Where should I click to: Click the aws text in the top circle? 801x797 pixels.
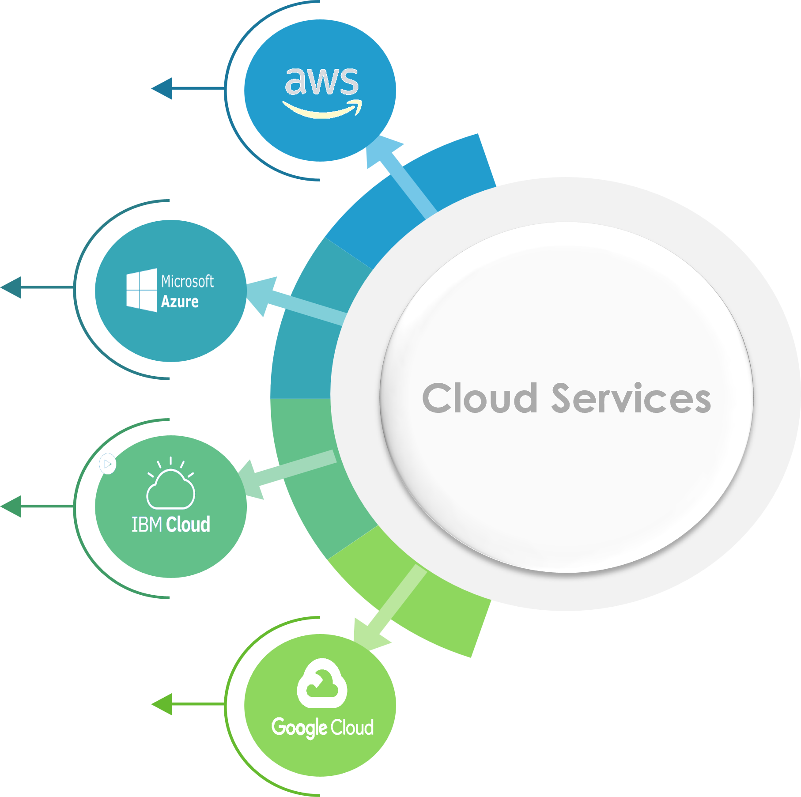tap(321, 81)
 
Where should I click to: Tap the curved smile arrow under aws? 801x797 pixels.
tap(321, 110)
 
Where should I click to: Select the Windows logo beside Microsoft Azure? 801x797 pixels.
tap(141, 290)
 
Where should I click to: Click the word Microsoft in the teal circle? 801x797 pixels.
tap(187, 281)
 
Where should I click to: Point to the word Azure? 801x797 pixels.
tap(180, 302)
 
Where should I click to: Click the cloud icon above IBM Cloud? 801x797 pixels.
tap(170, 488)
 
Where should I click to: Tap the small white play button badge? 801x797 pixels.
tap(107, 464)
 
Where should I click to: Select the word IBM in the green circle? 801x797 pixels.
tap(147, 525)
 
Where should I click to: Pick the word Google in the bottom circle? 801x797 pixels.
tap(299, 727)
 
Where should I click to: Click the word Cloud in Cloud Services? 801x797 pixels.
tap(480, 399)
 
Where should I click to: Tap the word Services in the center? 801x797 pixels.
tap(631, 399)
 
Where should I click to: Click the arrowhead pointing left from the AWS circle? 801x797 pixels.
tap(162, 88)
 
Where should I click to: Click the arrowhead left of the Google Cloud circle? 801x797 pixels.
tap(162, 704)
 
